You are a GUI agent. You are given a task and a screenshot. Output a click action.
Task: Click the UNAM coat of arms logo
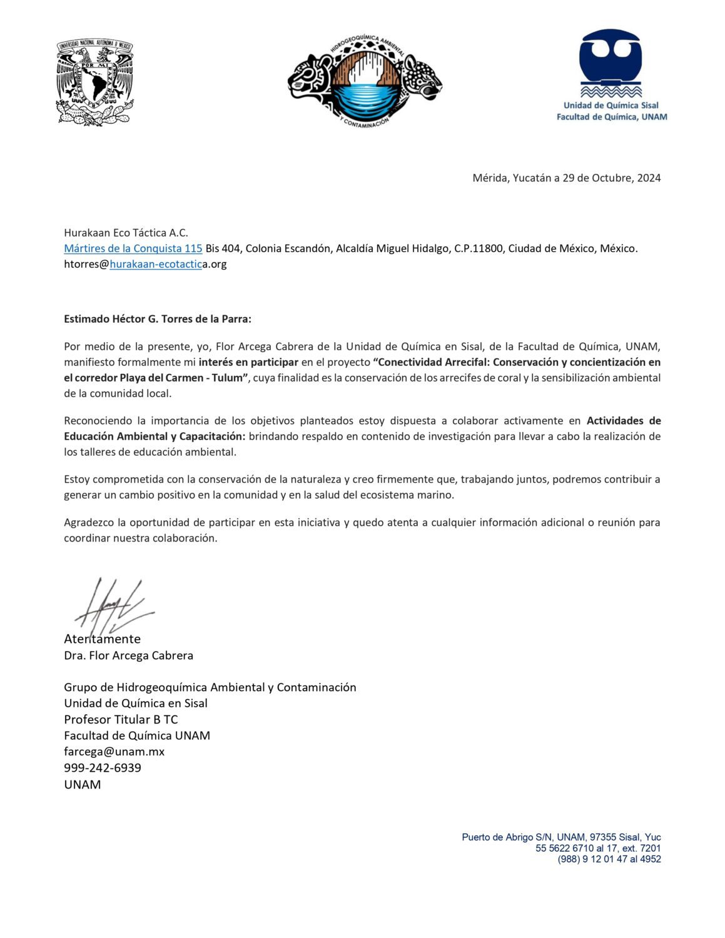(x=94, y=82)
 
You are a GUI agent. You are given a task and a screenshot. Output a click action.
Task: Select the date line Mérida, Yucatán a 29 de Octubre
(x=566, y=178)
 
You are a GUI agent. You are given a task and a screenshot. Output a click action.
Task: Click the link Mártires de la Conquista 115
(x=133, y=248)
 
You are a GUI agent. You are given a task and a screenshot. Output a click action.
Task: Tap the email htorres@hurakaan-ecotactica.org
(x=145, y=264)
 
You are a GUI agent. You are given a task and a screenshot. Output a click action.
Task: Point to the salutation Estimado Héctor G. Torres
(x=157, y=319)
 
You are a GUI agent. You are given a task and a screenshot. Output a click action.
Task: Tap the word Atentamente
(x=102, y=639)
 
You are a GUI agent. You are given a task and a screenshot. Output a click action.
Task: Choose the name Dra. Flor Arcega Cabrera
(x=128, y=655)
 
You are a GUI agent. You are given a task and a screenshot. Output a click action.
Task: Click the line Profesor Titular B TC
(x=121, y=719)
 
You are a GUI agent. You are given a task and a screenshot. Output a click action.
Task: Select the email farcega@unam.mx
(x=114, y=752)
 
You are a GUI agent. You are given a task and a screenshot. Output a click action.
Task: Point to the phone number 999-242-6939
(x=103, y=768)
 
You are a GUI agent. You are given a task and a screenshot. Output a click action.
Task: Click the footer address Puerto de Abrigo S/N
(x=560, y=837)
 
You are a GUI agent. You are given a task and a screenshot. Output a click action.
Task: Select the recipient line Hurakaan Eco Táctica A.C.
(x=126, y=233)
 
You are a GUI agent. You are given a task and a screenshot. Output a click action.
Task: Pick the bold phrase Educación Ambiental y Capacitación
(x=155, y=436)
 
